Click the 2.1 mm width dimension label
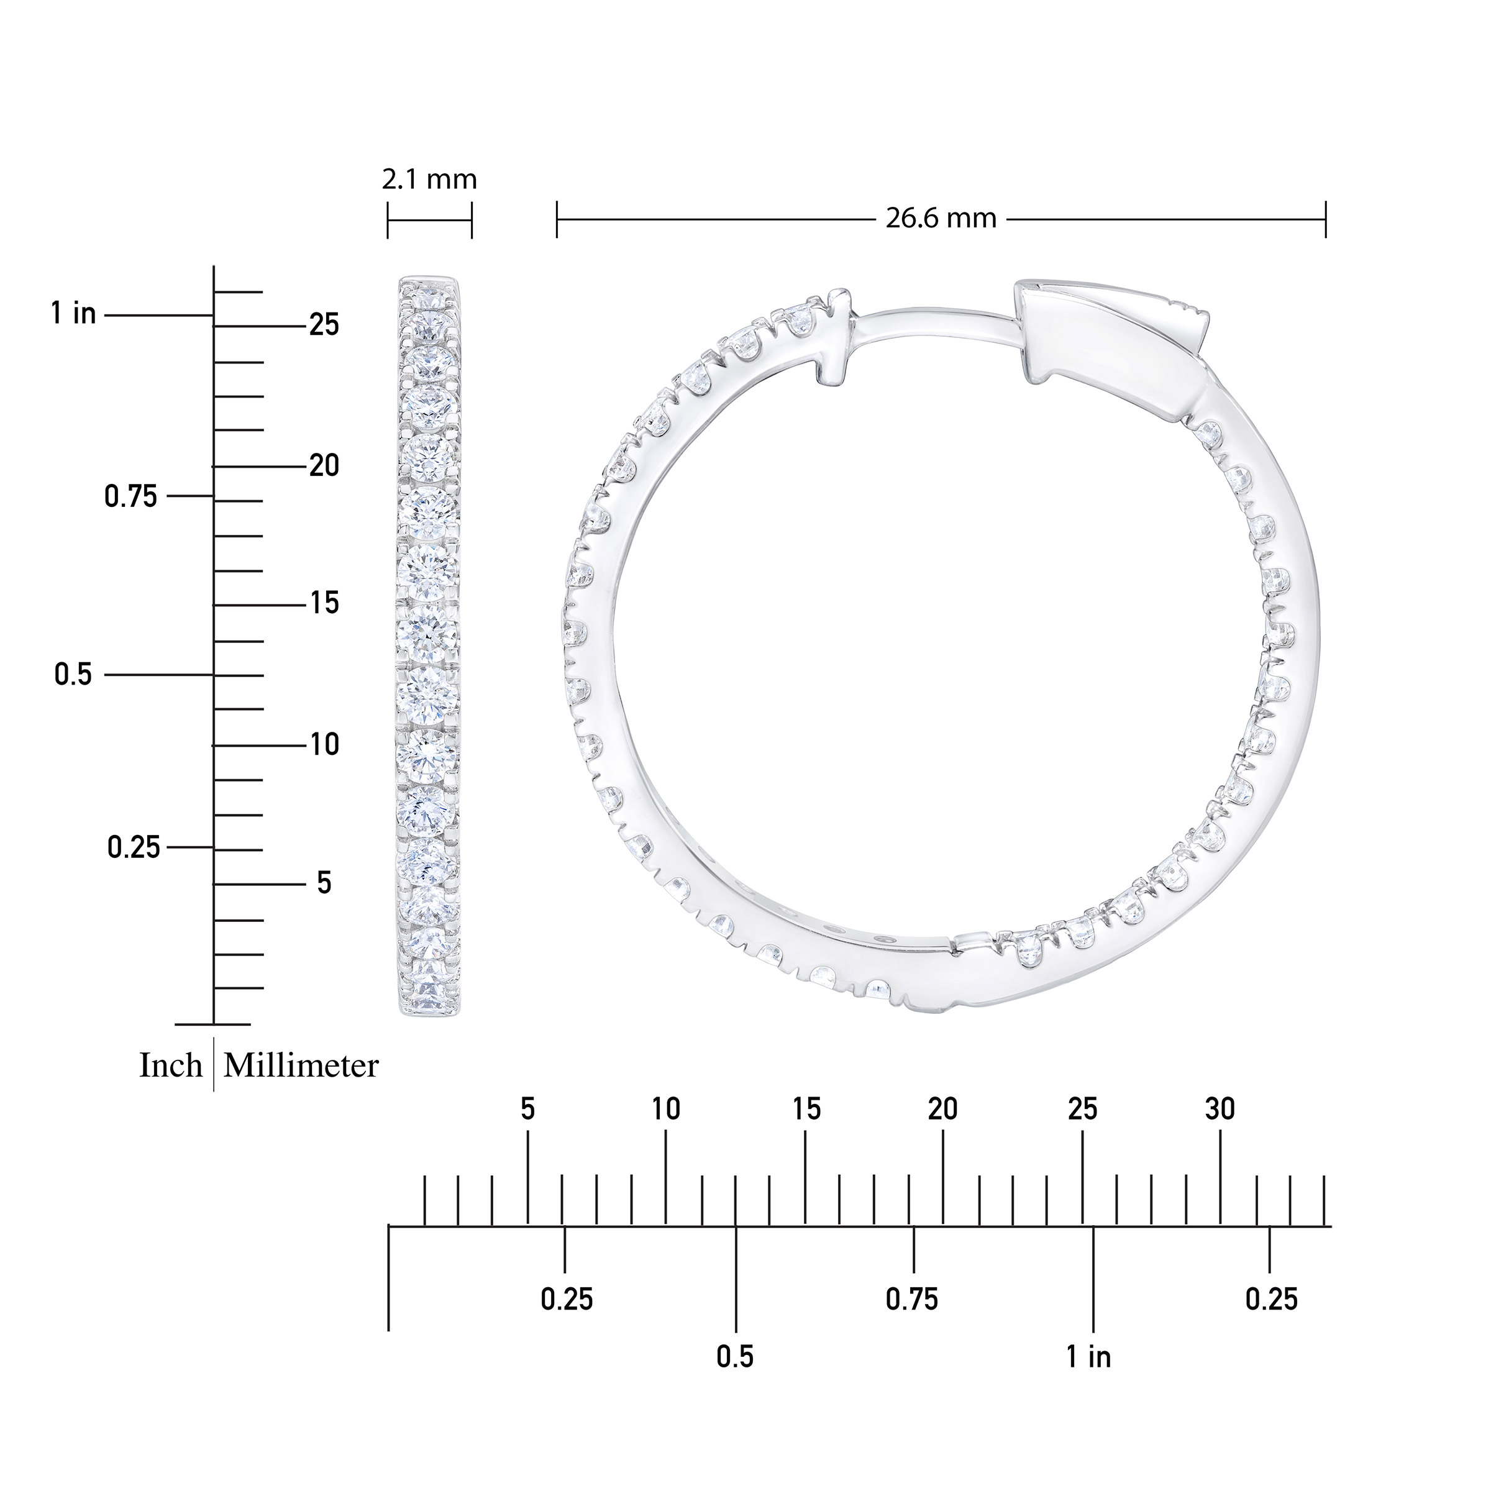[x=429, y=180]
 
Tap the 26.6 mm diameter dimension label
[x=941, y=219]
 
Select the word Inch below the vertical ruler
[x=171, y=1067]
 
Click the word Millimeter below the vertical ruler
[x=301, y=1067]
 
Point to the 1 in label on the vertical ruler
[x=74, y=314]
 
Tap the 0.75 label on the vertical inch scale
[x=130, y=496]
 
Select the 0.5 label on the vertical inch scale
[x=73, y=675]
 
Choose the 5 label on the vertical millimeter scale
[x=324, y=883]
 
